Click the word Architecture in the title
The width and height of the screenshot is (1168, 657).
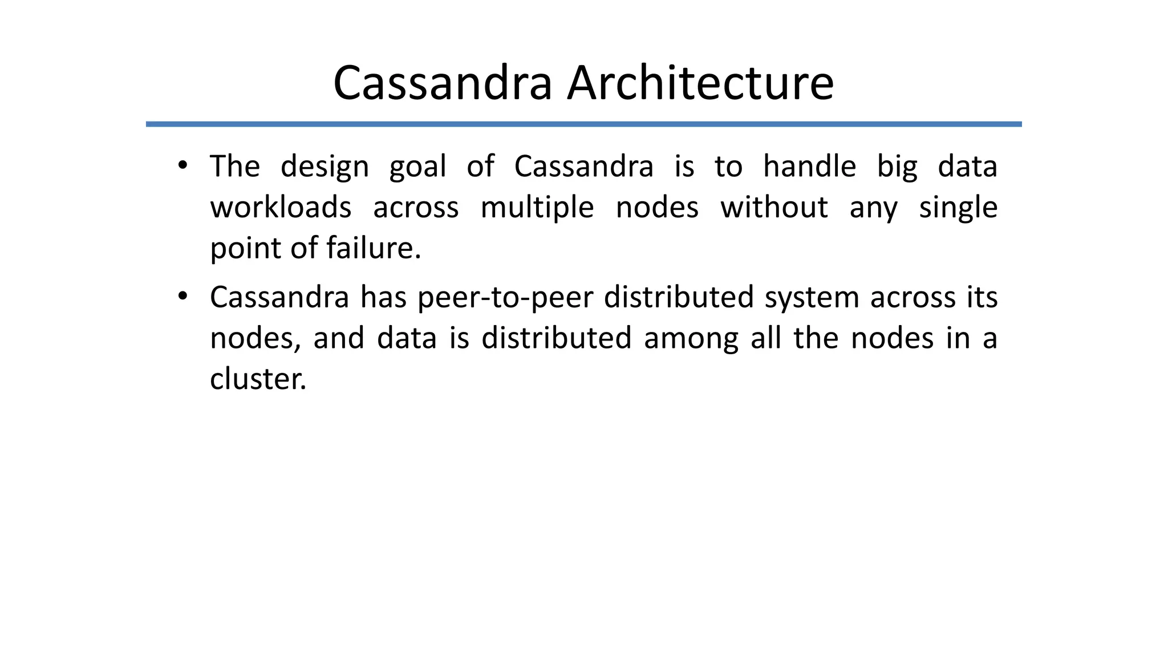pos(700,83)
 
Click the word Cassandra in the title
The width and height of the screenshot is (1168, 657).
pos(443,83)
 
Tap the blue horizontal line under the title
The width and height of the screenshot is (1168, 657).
pos(583,124)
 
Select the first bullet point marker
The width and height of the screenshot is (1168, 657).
pos(182,166)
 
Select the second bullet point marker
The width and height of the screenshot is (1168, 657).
pos(182,297)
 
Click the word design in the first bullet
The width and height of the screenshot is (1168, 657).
pos(325,167)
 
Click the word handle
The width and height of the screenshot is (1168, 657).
pos(809,167)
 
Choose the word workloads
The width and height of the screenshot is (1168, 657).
pos(281,207)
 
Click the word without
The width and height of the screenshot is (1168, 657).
pos(773,207)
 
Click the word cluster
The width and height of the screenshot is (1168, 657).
pos(258,379)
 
